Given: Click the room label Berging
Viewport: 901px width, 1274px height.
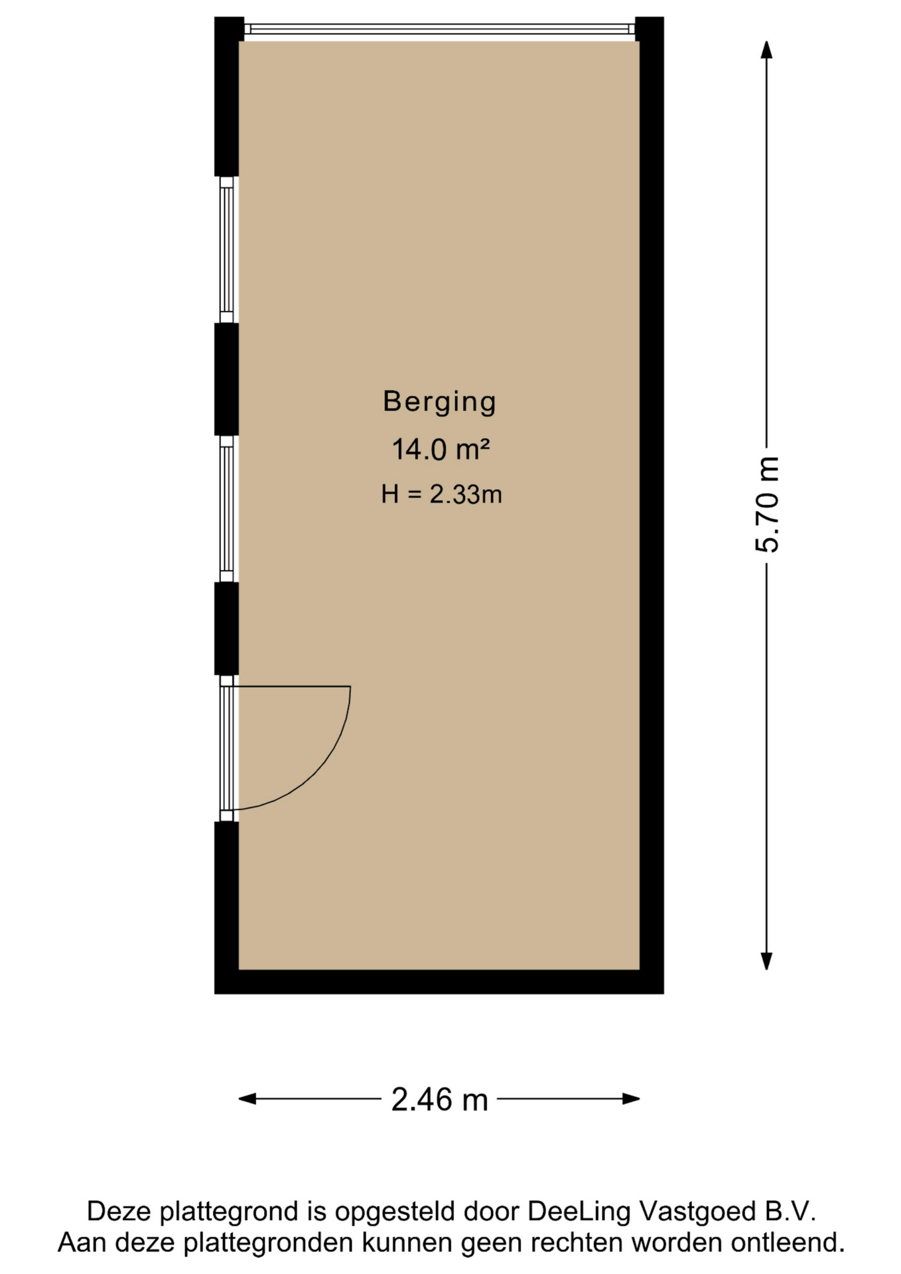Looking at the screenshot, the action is pyautogui.click(x=439, y=402).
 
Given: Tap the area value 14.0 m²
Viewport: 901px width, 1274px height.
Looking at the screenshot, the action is pyautogui.click(x=441, y=449).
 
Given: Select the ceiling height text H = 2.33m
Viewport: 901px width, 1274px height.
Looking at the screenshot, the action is pyautogui.click(x=441, y=494).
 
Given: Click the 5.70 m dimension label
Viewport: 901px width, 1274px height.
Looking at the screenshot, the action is pyautogui.click(x=767, y=504).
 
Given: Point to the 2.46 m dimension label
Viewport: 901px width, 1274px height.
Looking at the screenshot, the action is pyautogui.click(x=439, y=1100).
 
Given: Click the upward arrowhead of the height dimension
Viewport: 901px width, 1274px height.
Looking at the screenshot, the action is pyautogui.click(x=766, y=50).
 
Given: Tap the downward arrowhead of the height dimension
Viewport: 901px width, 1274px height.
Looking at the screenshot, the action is pyautogui.click(x=766, y=961).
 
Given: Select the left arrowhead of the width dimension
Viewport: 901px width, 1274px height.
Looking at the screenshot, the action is pyautogui.click(x=247, y=1099).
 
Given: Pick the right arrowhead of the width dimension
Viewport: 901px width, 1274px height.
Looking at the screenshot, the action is pyautogui.click(x=631, y=1099).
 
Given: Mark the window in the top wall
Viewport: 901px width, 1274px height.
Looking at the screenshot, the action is pyautogui.click(x=439, y=29).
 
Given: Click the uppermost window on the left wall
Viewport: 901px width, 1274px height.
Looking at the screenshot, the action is pyautogui.click(x=226, y=249).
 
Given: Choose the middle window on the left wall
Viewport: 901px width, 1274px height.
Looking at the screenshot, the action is pyautogui.click(x=226, y=509).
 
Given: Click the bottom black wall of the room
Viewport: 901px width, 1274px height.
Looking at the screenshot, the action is pyautogui.click(x=439, y=982).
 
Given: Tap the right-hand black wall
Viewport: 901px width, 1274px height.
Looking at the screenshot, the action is pyautogui.click(x=652, y=505).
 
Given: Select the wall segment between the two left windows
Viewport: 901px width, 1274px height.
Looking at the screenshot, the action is pyautogui.click(x=226, y=380).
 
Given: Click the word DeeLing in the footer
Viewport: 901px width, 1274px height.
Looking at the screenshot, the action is pyautogui.click(x=579, y=1212).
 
